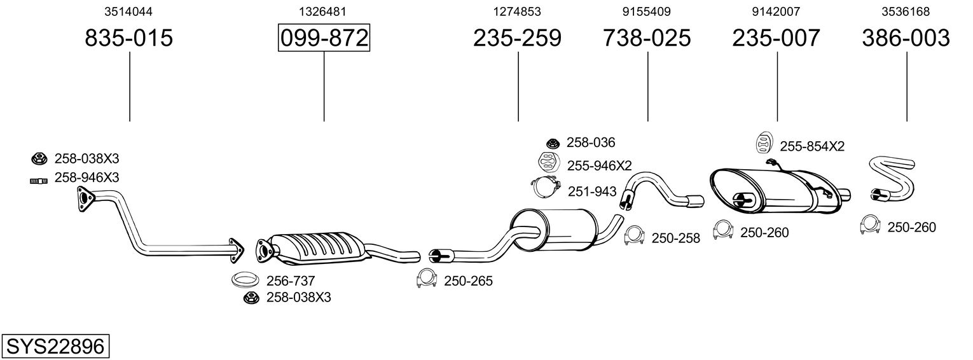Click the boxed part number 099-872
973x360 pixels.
click(324, 38)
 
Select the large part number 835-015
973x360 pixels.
click(129, 38)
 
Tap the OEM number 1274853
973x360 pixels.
click(517, 11)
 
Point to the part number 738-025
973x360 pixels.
click(647, 38)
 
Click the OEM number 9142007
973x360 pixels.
click(776, 11)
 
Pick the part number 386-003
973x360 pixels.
click(906, 38)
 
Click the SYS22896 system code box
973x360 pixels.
click(55, 347)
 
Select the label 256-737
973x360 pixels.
click(291, 280)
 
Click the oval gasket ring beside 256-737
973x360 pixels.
click(245, 279)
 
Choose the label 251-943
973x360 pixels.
click(592, 191)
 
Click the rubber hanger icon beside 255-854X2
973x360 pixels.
click(762, 144)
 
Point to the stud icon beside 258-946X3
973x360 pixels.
click(39, 181)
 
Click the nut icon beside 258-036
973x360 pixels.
click(553, 143)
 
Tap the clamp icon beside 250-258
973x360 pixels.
click(634, 235)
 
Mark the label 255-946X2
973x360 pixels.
click(600, 166)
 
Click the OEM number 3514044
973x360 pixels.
click(128, 11)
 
